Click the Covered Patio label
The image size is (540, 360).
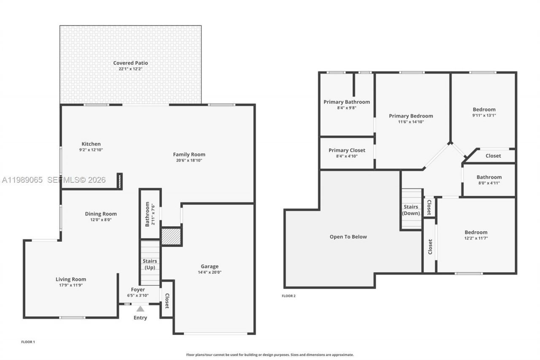coord(130,63)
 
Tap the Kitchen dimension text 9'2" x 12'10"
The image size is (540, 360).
coord(91,150)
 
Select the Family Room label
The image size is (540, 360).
coord(189,154)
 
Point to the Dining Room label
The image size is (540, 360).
coord(101,214)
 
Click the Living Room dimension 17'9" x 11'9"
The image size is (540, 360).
coord(71,285)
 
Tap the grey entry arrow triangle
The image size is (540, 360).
coord(140,309)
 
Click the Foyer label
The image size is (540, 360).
coord(138,290)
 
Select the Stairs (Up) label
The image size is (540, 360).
coord(150,264)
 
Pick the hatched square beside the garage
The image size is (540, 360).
coord(171,236)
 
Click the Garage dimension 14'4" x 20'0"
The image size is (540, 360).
coord(210,272)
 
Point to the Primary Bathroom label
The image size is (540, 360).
coord(347,102)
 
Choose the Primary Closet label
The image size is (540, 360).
coord(347,150)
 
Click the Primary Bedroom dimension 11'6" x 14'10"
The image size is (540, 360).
coord(411,122)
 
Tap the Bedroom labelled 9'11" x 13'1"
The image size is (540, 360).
coord(484,110)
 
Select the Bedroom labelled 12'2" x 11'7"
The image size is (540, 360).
coord(476,232)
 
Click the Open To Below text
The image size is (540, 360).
coord(348,237)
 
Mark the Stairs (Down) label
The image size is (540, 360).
coord(411,210)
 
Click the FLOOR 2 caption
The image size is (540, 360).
coord(289,296)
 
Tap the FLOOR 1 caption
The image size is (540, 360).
coord(28,341)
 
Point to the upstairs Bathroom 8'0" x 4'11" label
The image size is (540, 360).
coord(489,177)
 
